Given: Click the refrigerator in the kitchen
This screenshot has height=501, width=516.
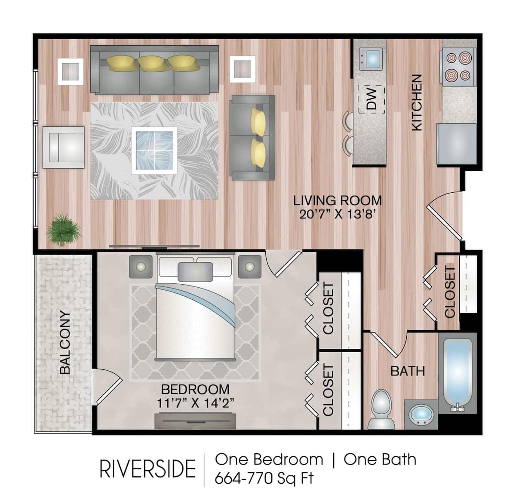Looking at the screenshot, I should click(x=457, y=144).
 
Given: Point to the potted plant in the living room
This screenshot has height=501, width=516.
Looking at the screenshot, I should click(x=64, y=230).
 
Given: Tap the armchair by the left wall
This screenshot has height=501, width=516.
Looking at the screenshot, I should click(x=63, y=148).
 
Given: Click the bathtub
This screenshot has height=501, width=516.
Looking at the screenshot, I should click(x=458, y=373).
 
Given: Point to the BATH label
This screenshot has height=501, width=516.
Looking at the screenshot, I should click(x=407, y=371).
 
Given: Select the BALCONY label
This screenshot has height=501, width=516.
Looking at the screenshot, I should click(x=65, y=342).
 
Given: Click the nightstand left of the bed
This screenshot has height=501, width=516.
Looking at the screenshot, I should click(x=141, y=267).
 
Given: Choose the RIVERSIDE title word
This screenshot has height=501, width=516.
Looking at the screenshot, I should click(x=147, y=469).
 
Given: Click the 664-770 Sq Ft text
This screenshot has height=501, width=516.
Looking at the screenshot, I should click(x=264, y=478).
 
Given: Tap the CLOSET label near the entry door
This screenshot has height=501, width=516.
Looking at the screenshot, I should click(x=450, y=292).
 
